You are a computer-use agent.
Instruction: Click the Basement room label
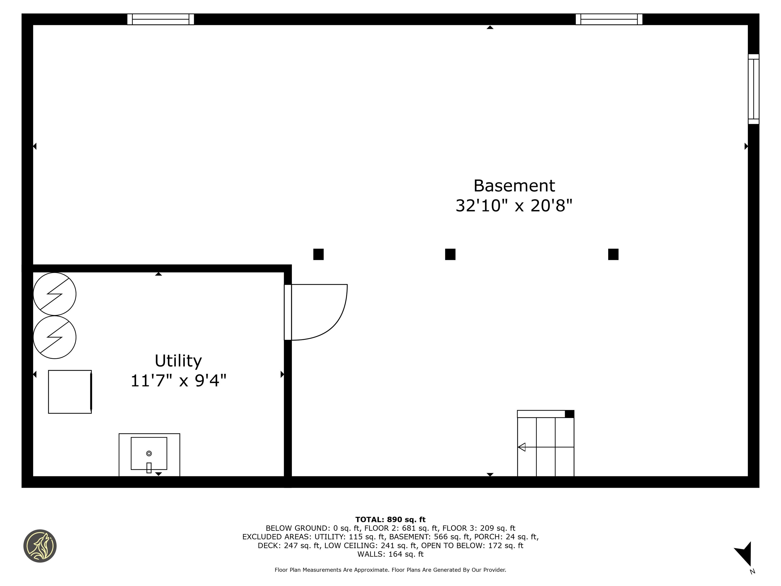click(x=514, y=186)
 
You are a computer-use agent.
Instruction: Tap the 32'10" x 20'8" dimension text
click(x=514, y=206)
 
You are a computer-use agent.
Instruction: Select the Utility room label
click(x=178, y=361)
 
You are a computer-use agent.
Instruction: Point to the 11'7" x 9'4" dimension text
click(x=178, y=381)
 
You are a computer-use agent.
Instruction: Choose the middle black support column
click(x=450, y=254)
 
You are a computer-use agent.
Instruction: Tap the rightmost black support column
click(x=613, y=254)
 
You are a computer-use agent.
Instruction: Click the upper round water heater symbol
click(x=54, y=294)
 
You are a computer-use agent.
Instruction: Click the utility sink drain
click(x=149, y=453)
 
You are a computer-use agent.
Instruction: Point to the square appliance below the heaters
click(x=70, y=392)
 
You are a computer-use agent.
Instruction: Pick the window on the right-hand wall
click(x=753, y=89)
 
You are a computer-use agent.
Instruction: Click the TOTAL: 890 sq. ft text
click(x=390, y=520)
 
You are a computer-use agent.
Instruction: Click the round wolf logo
click(x=40, y=546)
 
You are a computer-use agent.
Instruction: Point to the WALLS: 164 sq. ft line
click(x=390, y=554)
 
